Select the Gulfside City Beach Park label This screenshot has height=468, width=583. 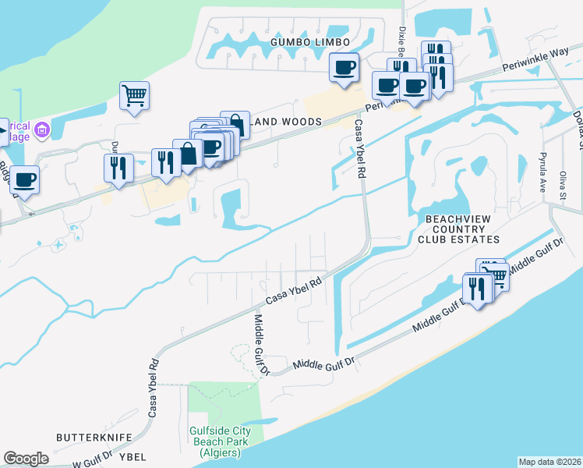220,441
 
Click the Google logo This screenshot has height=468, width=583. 26,459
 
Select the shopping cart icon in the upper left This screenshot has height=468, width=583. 134,95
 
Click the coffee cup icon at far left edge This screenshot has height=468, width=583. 23,179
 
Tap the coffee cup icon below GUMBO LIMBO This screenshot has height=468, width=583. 344,67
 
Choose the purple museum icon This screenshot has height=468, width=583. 43,129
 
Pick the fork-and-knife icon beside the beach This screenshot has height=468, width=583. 476,288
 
